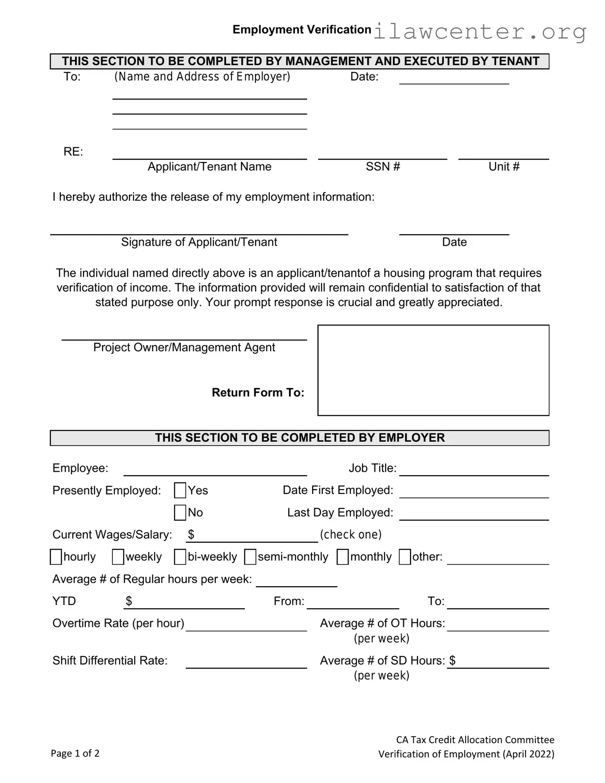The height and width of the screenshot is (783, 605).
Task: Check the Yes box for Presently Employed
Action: (180, 490)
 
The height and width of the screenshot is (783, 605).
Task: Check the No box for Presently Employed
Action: (180, 512)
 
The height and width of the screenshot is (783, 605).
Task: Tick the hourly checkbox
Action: (56, 557)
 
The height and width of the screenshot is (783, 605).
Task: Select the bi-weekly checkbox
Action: (180, 557)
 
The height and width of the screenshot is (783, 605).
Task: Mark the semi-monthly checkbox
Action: (250, 557)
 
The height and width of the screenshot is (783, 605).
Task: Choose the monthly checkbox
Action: (343, 557)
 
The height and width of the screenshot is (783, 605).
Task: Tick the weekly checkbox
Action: (118, 557)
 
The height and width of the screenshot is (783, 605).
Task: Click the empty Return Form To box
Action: (433, 370)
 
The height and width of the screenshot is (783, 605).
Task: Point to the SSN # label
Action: (382, 166)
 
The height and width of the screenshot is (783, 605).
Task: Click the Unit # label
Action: (504, 166)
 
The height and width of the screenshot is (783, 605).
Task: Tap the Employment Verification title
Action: (302, 30)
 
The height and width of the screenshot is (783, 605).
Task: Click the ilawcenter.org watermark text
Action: (480, 32)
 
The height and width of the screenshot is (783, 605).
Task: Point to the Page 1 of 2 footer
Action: (75, 753)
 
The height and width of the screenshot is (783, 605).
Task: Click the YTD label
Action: (64, 601)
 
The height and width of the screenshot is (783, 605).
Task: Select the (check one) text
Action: (351, 534)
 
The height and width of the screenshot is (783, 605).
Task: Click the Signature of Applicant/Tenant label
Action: (199, 242)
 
